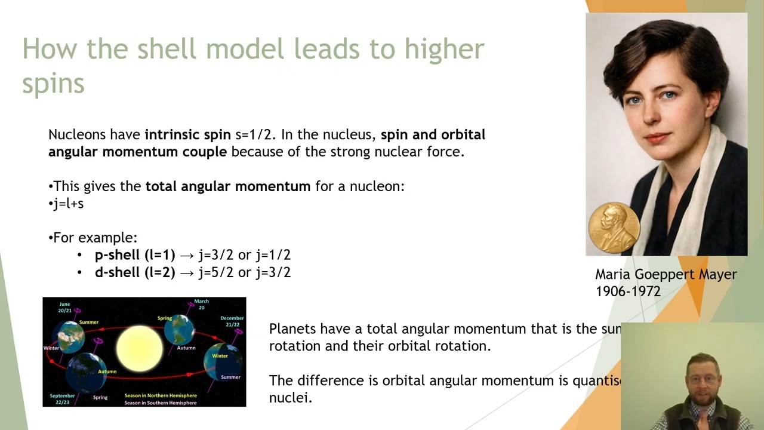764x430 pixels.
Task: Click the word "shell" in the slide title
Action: [x=167, y=49]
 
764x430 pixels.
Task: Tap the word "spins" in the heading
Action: [x=53, y=83]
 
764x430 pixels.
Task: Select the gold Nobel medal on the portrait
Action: [x=614, y=227]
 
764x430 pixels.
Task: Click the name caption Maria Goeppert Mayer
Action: [x=666, y=275]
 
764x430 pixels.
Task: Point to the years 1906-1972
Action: [x=628, y=291]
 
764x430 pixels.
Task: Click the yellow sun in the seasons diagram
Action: [x=139, y=348]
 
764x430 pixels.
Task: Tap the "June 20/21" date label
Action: [x=65, y=307]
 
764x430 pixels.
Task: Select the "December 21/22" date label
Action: [x=232, y=321]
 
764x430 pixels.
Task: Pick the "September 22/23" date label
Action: [x=63, y=399]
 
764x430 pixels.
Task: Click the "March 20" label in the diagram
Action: [x=202, y=304]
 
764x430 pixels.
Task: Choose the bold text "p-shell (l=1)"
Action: [x=135, y=255]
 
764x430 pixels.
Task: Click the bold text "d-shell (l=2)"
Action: [x=135, y=272]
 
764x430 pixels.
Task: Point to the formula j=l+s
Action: [x=68, y=204]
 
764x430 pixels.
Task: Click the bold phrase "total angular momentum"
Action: [x=227, y=186]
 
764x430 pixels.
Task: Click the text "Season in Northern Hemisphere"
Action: [x=160, y=395]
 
